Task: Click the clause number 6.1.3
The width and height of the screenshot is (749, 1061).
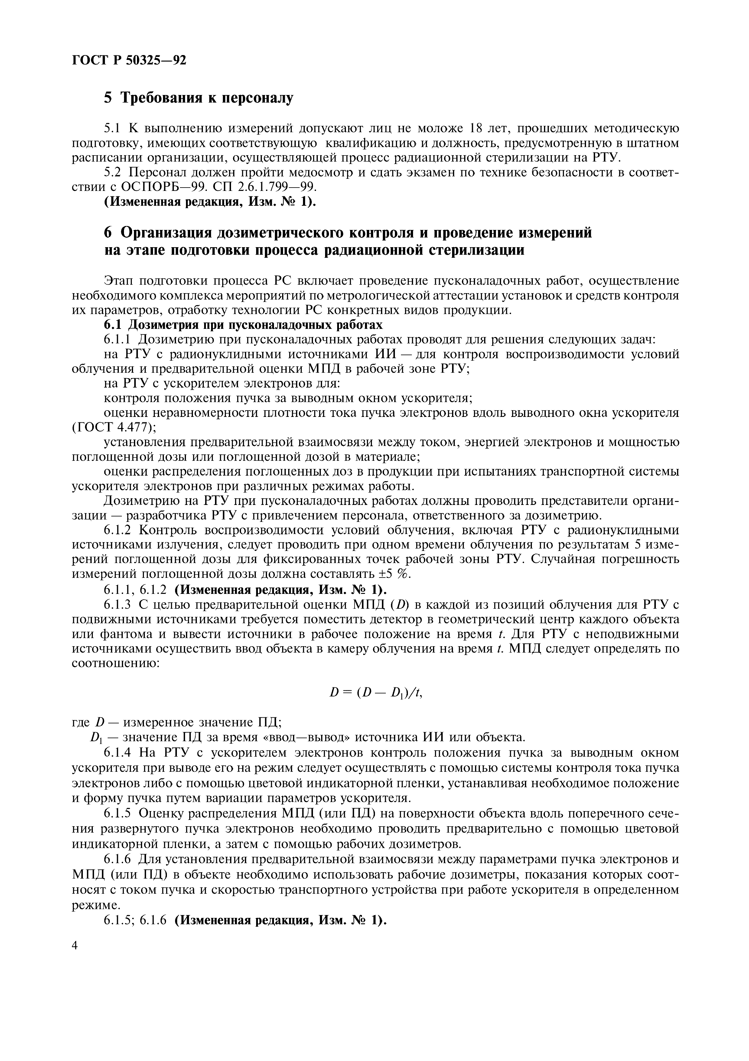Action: [x=119, y=604]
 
